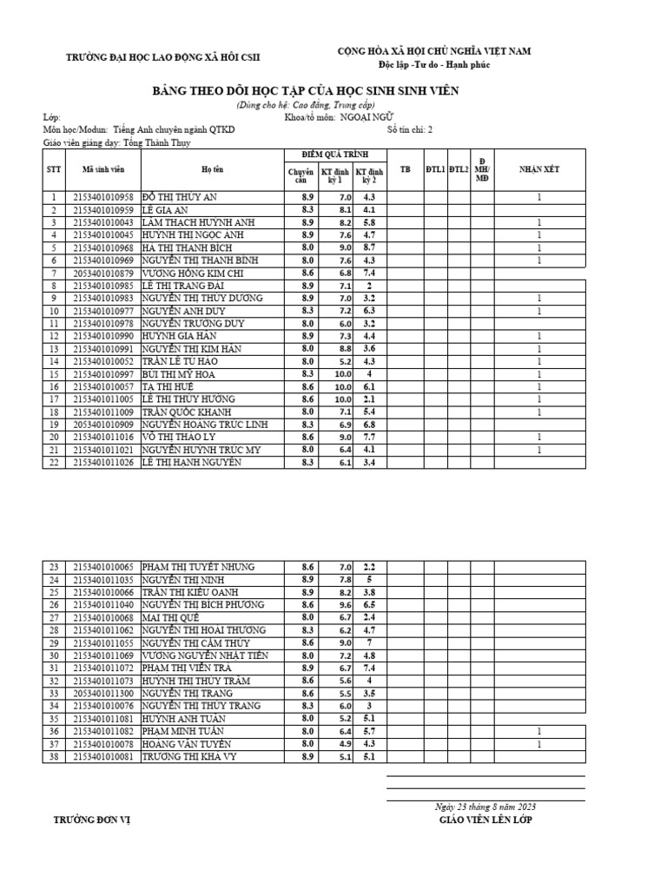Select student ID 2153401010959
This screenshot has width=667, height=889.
click(103, 210)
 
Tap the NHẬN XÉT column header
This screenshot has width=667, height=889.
click(538, 169)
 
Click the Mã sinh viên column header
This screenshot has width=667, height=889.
click(103, 169)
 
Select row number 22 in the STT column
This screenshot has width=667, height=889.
click(54, 462)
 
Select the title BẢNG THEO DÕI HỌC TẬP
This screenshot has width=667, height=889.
click(306, 91)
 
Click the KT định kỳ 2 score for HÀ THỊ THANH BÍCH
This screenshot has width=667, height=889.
click(368, 248)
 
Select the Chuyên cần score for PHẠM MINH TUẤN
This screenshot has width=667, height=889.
click(307, 732)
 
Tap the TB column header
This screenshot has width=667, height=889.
click(404, 169)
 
